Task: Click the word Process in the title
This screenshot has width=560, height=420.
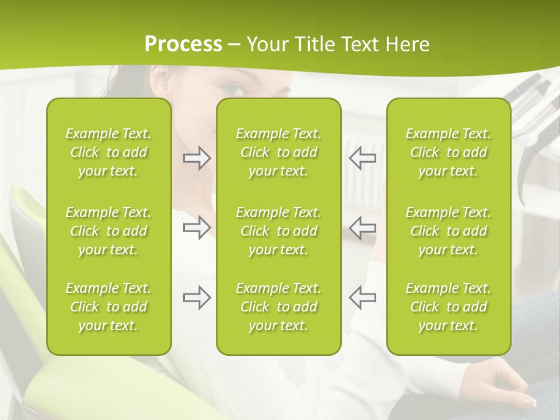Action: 183,44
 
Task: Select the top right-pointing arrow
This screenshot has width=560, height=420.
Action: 197,158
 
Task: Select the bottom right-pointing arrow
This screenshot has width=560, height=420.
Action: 197,297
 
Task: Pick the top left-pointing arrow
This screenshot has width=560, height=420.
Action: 362,158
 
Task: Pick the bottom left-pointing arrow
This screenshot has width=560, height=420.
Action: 362,297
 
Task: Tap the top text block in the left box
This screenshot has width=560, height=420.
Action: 108,152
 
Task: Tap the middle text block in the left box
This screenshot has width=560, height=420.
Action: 108,231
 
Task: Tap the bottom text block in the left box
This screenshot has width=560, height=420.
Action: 108,307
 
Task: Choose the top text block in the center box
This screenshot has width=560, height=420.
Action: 278,152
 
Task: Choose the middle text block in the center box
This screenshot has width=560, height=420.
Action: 278,231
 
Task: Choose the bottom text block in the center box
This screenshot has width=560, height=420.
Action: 278,307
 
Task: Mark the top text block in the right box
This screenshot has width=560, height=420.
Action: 449,152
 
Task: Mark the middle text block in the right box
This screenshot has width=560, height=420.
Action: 449,231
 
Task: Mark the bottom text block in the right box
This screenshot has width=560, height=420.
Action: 449,307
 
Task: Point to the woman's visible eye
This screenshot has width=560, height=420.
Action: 235,89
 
